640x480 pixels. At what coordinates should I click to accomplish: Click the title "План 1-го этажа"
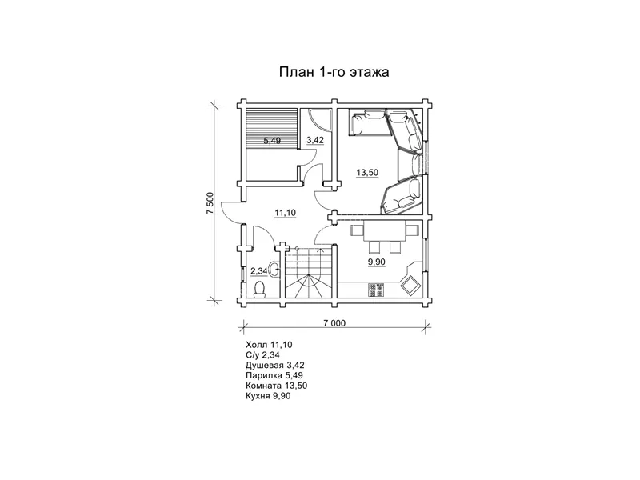pyautogui.click(x=334, y=72)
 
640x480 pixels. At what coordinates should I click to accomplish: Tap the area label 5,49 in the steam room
pyautogui.click(x=272, y=141)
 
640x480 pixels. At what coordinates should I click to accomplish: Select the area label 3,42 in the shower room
pyautogui.click(x=315, y=140)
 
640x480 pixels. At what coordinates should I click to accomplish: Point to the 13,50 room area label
pyautogui.click(x=367, y=172)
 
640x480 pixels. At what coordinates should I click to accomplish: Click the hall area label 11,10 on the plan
pyautogui.click(x=286, y=213)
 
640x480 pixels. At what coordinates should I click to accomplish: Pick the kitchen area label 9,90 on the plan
pyautogui.click(x=376, y=262)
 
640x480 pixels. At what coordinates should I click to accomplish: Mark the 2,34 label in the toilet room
pyautogui.click(x=258, y=270)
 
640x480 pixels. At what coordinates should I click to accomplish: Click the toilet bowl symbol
pyautogui.click(x=259, y=289)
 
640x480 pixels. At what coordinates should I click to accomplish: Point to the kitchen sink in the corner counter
pyautogui.click(x=410, y=284)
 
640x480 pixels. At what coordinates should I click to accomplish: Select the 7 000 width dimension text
pyautogui.click(x=334, y=323)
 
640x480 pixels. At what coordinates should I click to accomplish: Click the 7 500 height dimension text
pyautogui.click(x=210, y=203)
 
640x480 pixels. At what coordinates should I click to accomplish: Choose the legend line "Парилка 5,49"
pyautogui.click(x=274, y=375)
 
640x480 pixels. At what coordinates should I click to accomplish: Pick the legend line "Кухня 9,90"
pyautogui.click(x=268, y=396)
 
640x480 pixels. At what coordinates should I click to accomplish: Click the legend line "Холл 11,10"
pyautogui.click(x=269, y=345)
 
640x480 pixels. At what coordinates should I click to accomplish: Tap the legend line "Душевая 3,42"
pyautogui.click(x=275, y=366)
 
